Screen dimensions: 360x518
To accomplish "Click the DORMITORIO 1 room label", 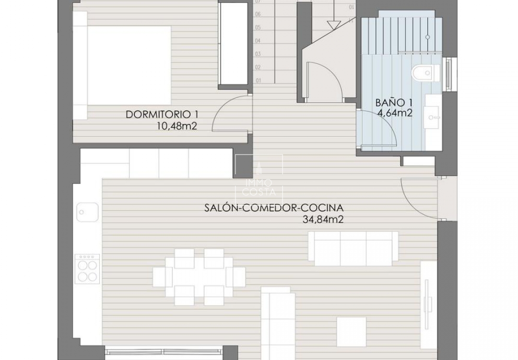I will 162,115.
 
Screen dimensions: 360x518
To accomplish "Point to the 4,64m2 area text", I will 395,113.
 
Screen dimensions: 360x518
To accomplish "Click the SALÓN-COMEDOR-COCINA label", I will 274,208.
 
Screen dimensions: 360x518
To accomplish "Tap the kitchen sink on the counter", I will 87,211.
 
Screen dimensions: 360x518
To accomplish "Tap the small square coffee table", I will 353,331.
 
